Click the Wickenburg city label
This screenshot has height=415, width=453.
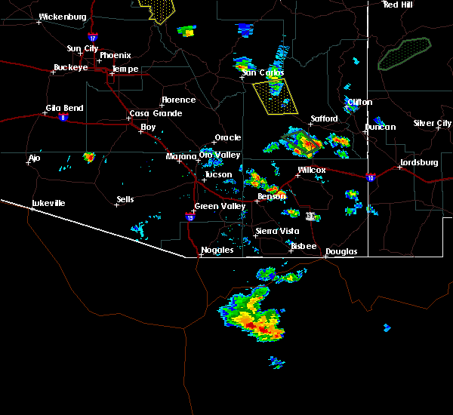62,16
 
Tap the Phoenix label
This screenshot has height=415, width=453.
115,55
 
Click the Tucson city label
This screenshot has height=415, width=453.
218,174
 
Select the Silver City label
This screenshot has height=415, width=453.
432,123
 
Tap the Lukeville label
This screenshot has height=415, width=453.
48,203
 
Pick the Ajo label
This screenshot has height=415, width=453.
34,158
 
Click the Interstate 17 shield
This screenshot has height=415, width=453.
92,37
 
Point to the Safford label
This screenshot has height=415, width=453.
324,119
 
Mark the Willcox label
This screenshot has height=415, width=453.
311,171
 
